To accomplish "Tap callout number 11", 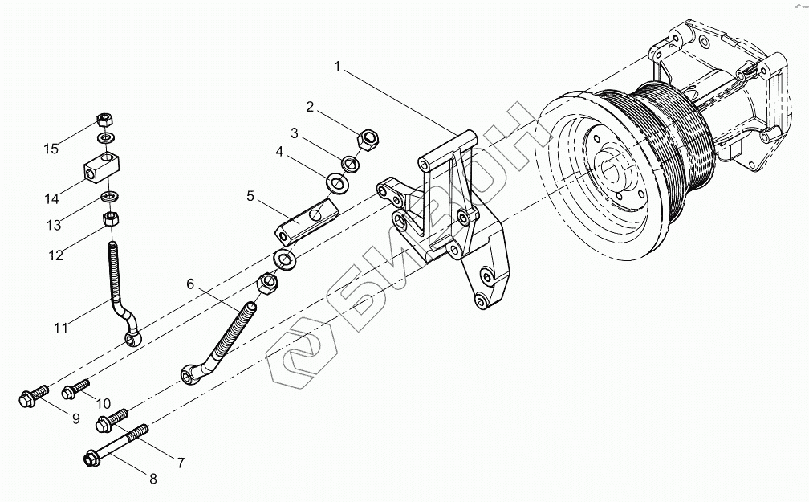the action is pos(60,327).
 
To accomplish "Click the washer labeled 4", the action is pos(337,183).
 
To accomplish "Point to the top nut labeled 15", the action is pos(103,120).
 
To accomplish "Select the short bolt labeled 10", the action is pos(76,391).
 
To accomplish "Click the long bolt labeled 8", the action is pos(116,446).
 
